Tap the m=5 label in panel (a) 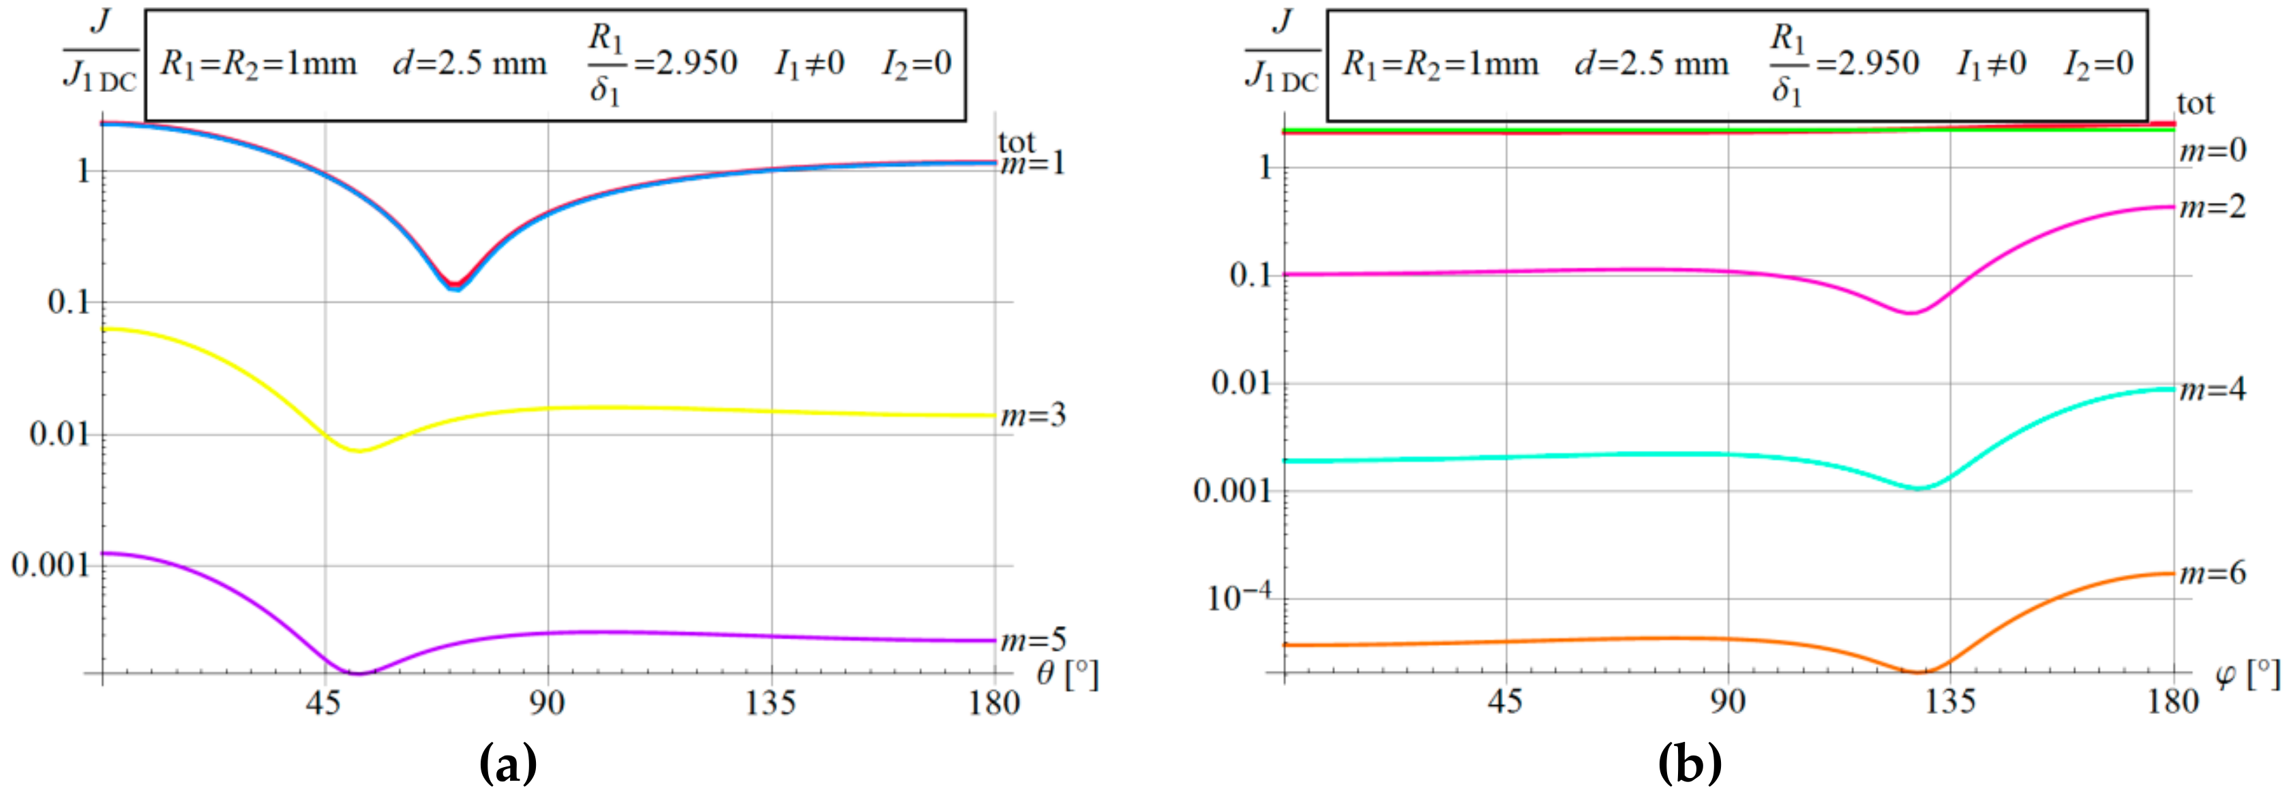point(1032,640)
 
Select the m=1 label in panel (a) point(1032,164)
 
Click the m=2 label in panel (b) point(2212,207)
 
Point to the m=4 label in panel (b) point(2212,390)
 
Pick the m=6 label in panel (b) point(2212,574)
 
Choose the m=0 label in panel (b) point(2212,152)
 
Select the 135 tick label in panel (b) point(1950,702)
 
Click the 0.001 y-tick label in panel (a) point(52,565)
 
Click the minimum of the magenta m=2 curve point(1909,313)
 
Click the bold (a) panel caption point(508,764)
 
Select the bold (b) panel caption point(1690,764)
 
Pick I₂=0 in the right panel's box point(2098,64)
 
